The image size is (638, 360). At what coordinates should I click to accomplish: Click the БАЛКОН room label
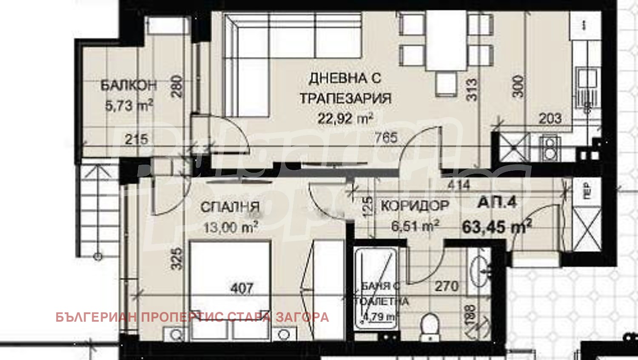128,85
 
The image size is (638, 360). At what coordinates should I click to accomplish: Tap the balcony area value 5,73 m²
128,105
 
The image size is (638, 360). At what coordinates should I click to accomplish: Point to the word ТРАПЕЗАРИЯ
345,98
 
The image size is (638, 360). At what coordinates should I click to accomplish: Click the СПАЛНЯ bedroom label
230,207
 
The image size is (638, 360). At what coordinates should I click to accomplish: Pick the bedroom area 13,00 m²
230,227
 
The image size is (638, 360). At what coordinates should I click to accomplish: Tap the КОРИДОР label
415,206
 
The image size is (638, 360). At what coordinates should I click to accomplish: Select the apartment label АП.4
497,203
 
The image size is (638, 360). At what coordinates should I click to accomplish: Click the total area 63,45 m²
496,226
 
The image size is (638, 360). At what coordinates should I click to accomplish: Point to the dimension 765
386,137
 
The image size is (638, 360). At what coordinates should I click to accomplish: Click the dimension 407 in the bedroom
242,289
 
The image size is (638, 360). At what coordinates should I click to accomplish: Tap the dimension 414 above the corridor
459,185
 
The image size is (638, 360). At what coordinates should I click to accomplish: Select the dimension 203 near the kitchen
550,118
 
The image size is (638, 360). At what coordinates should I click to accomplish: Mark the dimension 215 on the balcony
137,139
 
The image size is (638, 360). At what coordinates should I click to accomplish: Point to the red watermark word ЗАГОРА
302,317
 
